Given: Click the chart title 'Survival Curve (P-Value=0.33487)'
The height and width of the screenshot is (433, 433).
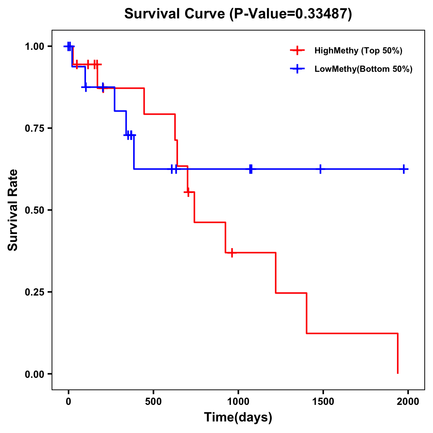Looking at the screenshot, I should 238,14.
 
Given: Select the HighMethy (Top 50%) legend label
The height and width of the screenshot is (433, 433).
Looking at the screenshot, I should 358,51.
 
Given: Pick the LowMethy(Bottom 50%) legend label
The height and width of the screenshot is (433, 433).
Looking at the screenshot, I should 363,69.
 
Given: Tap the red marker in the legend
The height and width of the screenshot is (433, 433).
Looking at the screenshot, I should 297,51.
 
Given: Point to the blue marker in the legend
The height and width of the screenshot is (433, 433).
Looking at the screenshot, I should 297,69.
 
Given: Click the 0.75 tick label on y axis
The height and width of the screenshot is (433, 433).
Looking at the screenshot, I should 34,128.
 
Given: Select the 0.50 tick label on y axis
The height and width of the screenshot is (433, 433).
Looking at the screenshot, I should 34,210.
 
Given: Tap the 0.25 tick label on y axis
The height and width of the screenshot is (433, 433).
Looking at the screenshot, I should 34,292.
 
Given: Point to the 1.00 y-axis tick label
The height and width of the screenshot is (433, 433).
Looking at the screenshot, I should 34,47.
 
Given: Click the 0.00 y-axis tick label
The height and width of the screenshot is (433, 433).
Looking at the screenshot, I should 34,374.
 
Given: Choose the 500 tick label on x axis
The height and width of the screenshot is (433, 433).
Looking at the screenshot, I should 153,402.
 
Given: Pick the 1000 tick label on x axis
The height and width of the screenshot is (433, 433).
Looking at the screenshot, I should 238,402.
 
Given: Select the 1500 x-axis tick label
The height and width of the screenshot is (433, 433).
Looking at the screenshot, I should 323,402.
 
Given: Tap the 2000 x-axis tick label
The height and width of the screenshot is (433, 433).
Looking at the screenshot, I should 408,402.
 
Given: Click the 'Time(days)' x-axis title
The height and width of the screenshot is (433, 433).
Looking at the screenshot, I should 238,417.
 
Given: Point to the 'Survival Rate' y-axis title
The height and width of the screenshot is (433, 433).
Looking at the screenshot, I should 13,210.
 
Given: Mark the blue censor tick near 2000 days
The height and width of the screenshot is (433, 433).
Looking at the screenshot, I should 404,169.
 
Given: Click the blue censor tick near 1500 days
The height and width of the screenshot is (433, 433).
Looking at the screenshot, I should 320,169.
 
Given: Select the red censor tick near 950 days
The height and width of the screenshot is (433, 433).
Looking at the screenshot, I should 232,253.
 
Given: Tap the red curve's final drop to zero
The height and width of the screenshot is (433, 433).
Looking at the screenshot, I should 398,354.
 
